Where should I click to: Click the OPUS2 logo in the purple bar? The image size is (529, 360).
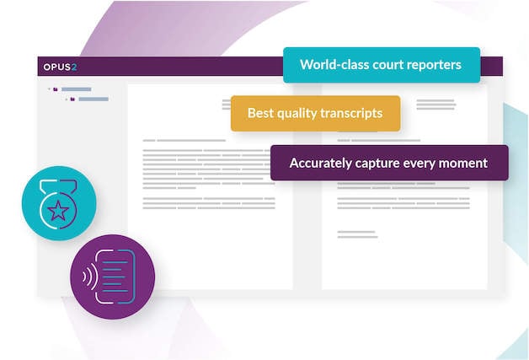tap(60, 67)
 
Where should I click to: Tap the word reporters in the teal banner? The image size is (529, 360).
tap(435, 65)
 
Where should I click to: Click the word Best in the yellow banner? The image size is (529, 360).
tap(260, 113)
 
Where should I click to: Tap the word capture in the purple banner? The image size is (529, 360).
tap(377, 163)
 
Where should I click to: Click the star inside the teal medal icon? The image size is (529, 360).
tap(58, 211)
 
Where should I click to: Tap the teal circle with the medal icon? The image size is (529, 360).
tap(59, 203)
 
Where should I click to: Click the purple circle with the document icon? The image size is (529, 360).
tap(113, 277)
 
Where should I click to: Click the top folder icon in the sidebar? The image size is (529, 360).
tap(55, 89)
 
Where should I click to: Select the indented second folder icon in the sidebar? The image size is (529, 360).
tap(72, 99)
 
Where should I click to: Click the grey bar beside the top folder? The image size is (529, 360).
tap(76, 89)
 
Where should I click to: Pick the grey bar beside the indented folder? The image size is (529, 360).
tap(93, 99)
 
